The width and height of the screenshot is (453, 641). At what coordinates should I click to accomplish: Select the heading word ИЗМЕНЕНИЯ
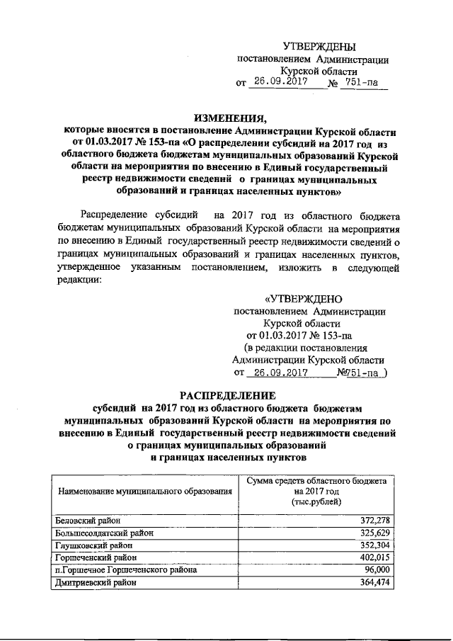(226, 118)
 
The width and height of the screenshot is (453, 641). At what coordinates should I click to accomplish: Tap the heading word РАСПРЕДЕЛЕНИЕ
(226, 395)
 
